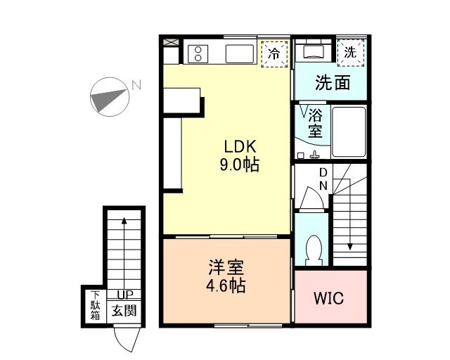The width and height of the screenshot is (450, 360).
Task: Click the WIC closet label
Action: point(329,298)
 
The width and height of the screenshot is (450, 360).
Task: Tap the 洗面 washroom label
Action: point(332,83)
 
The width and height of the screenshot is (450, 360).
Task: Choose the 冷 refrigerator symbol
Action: point(275,53)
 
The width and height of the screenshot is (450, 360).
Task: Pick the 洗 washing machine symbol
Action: point(350,51)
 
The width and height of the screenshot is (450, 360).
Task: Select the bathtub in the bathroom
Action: point(349,132)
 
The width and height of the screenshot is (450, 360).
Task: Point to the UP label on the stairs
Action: point(124,295)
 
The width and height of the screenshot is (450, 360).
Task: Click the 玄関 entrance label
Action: point(124,310)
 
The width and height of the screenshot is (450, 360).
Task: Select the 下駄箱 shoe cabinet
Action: point(94,306)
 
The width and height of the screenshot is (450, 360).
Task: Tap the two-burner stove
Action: point(198,52)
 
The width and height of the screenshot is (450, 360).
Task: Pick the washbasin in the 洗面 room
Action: point(313,52)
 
